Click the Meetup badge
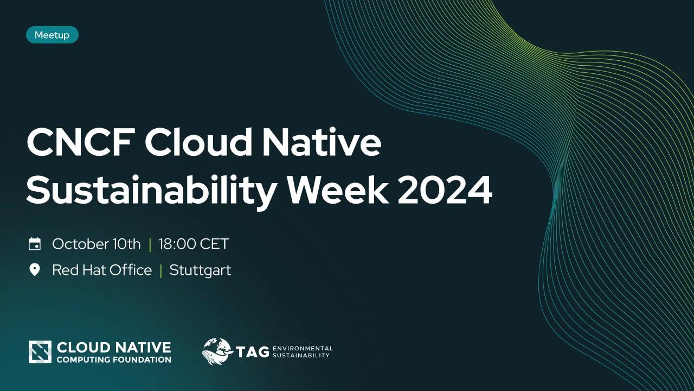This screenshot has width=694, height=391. pyautogui.click(x=52, y=35)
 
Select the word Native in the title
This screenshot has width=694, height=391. pyautogui.click(x=322, y=142)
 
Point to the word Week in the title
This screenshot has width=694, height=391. pyautogui.click(x=338, y=190)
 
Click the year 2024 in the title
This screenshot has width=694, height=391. pyautogui.click(x=445, y=190)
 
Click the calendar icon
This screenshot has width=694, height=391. pyautogui.click(x=35, y=244)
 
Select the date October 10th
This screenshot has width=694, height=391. pyautogui.click(x=97, y=244)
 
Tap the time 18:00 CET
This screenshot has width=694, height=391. pyautogui.click(x=194, y=244)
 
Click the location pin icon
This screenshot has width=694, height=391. pyautogui.click(x=34, y=270)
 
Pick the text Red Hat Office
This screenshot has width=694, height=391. pyautogui.click(x=102, y=270)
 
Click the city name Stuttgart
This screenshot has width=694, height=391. pyautogui.click(x=200, y=270)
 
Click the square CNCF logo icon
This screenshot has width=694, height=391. pyautogui.click(x=40, y=352)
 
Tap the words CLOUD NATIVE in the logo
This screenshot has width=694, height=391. pyautogui.click(x=114, y=348)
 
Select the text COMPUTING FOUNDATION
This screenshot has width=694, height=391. pyautogui.click(x=114, y=360)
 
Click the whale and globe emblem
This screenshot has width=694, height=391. pyautogui.click(x=217, y=351)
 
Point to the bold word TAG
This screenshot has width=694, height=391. pyautogui.click(x=252, y=352)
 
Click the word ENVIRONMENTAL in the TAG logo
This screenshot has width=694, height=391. pyautogui.click(x=303, y=349)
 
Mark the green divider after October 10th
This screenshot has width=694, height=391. pyautogui.click(x=150, y=244)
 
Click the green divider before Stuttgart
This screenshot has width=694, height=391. pyautogui.click(x=161, y=270)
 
